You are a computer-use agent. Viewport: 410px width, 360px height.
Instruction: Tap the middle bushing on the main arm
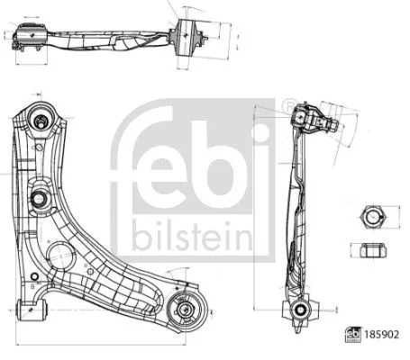pos(40,199)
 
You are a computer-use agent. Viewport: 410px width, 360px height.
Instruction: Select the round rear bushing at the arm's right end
pos(186,311)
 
